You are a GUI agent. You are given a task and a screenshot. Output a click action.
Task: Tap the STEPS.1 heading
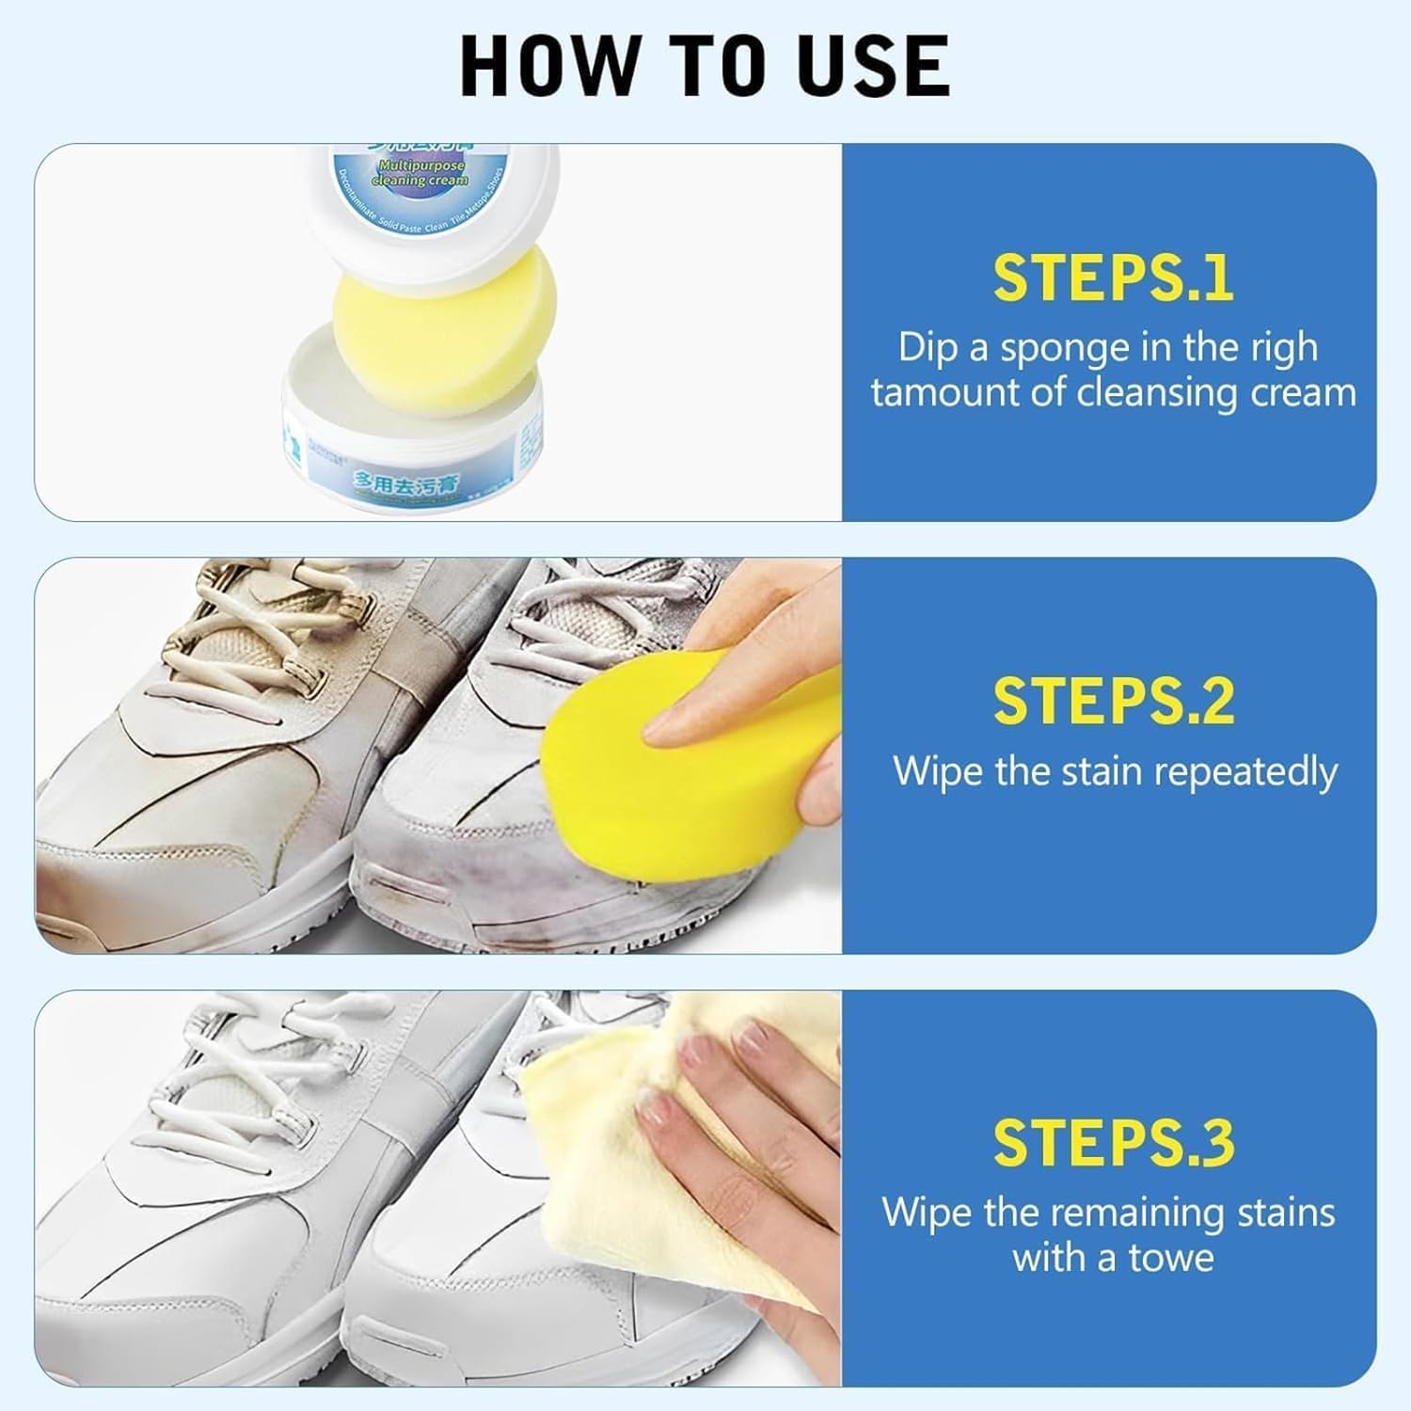tap(1113, 278)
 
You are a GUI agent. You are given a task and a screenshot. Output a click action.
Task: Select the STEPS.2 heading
tap(1113, 701)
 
